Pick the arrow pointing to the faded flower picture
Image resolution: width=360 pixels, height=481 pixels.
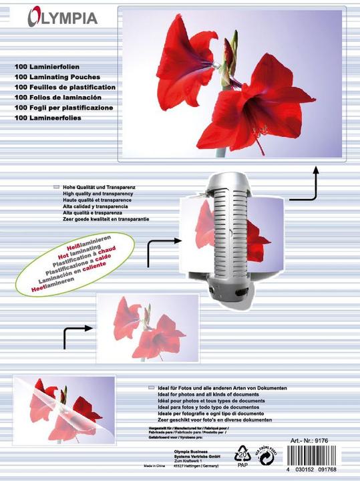pos(76,336)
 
